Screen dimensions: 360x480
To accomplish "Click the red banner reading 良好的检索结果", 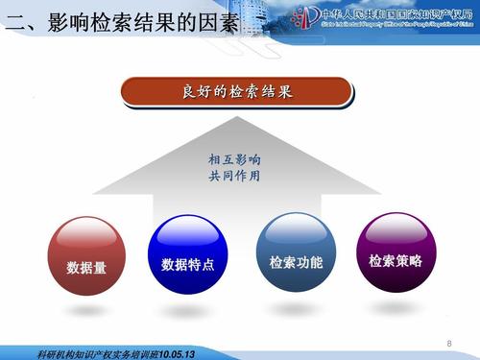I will pyautogui.click(x=237, y=93).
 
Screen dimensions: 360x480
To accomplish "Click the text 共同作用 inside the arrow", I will pyautogui.click(x=234, y=177).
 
